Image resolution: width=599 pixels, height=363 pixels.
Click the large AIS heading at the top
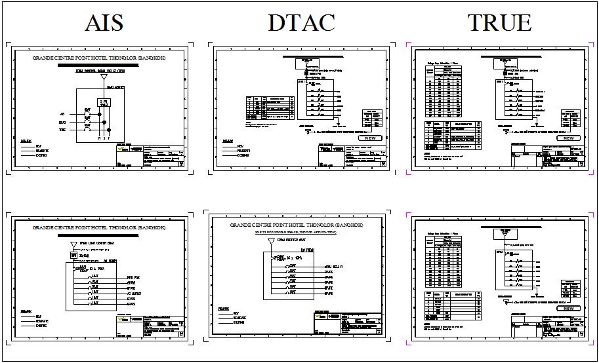[104, 23]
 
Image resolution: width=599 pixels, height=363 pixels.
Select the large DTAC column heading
[301, 23]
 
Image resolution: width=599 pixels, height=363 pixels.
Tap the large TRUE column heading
[499, 23]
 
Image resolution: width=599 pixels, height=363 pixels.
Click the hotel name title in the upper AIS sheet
[100, 58]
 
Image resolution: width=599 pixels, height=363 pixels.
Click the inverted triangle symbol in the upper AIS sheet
[104, 77]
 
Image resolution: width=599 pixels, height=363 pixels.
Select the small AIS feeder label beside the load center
[62, 114]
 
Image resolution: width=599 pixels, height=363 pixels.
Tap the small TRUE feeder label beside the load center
[62, 130]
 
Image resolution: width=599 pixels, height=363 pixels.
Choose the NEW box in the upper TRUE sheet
[569, 138]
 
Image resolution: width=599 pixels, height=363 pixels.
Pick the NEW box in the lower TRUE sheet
[569, 308]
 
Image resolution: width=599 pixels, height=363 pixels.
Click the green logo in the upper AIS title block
[122, 149]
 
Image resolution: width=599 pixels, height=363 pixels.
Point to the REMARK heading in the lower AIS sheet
[27, 310]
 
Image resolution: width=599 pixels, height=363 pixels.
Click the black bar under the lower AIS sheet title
[100, 235]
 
